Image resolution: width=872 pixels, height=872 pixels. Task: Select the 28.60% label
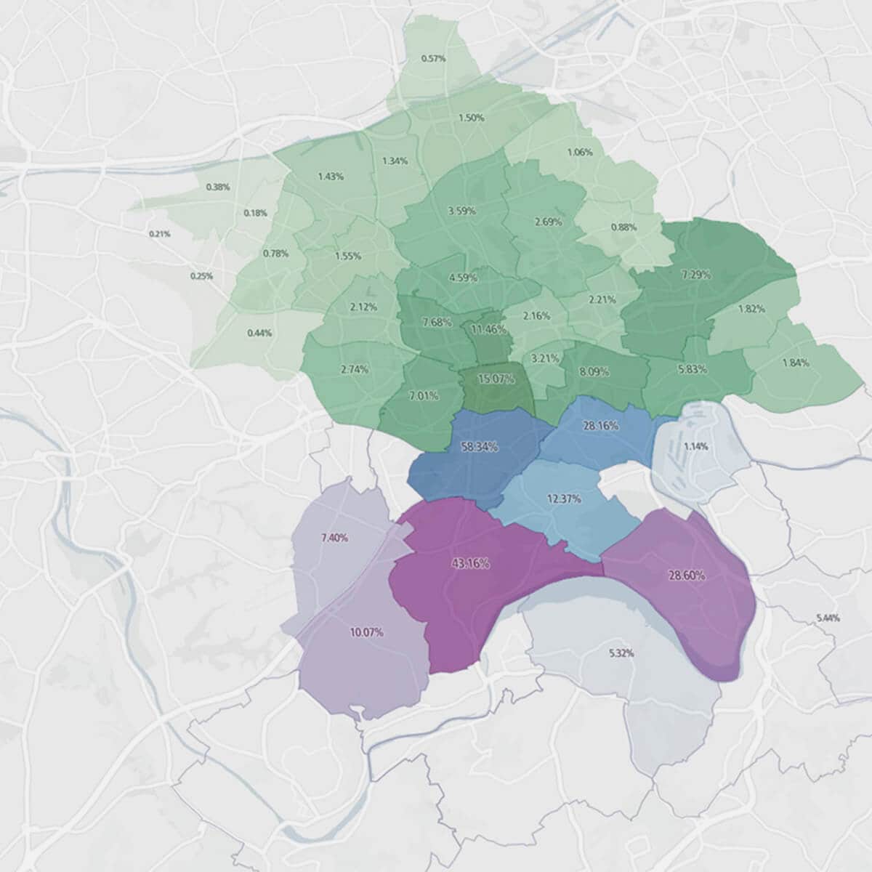(686, 575)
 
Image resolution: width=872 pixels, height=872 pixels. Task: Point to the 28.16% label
(600, 426)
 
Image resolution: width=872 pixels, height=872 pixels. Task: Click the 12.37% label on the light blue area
(563, 498)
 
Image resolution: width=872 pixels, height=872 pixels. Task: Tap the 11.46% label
(488, 329)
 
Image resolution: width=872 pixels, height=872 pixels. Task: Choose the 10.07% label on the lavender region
(366, 632)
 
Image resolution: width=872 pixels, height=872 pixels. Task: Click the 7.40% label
(334, 538)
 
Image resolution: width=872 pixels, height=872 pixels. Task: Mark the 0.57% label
(433, 58)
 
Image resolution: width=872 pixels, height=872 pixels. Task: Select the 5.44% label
(828, 618)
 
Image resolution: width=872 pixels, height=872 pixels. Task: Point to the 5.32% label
(621, 653)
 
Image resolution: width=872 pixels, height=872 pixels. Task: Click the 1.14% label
(695, 446)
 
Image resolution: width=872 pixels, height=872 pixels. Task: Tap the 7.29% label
(696, 275)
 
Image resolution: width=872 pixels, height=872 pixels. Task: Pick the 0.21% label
(159, 234)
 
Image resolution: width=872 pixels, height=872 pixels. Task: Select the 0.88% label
(623, 227)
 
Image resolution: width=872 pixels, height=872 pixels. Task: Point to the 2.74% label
(354, 369)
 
